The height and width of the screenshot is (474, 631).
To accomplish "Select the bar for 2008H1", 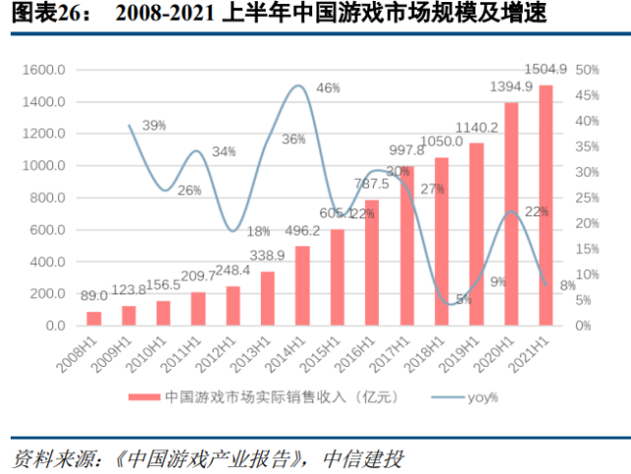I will pos(95,318).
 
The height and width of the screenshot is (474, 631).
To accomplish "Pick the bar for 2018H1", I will pos(441,241).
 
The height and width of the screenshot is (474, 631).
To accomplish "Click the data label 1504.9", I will pos(545,69).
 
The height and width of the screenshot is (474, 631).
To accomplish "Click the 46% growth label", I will pos(328,89).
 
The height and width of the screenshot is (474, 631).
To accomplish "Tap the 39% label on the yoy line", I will pos(154,126).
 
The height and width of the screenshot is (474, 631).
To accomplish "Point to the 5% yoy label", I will pos(464,299).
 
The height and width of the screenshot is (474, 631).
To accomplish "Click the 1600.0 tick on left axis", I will pos(46,71).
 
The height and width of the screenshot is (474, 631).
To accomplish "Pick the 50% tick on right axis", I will pos(588,71).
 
